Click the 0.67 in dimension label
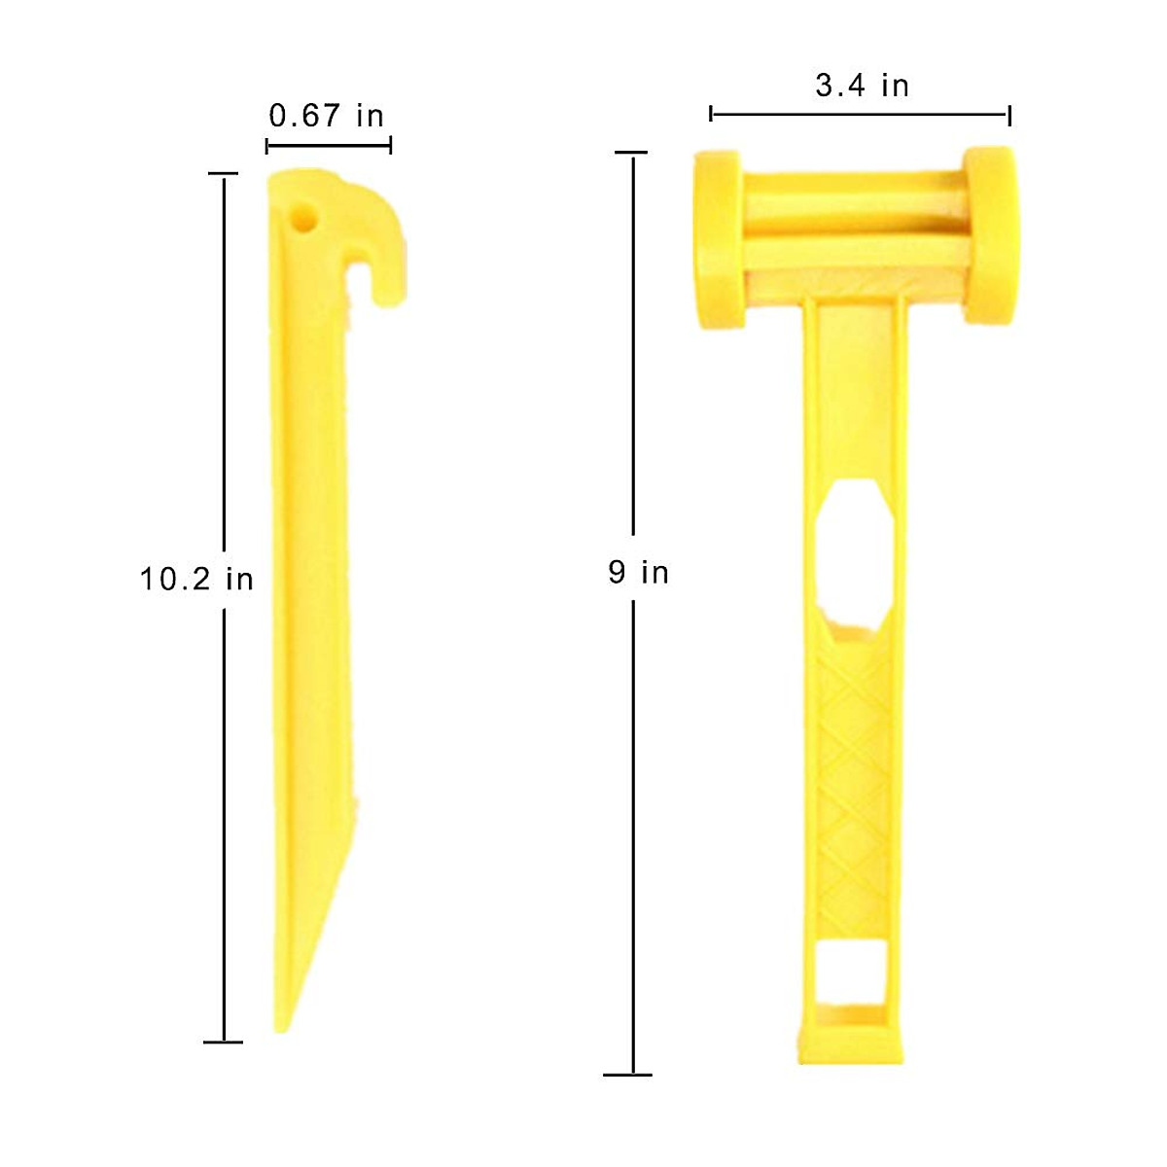click(327, 116)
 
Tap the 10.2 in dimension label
click(196, 580)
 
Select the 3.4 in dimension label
click(862, 86)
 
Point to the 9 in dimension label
click(639, 572)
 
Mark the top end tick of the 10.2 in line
click(224, 175)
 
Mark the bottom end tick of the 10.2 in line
click(224, 1042)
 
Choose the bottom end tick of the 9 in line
click(628, 1075)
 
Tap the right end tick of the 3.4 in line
click(1009, 115)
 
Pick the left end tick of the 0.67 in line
click(267, 146)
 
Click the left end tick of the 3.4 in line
click(712, 115)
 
